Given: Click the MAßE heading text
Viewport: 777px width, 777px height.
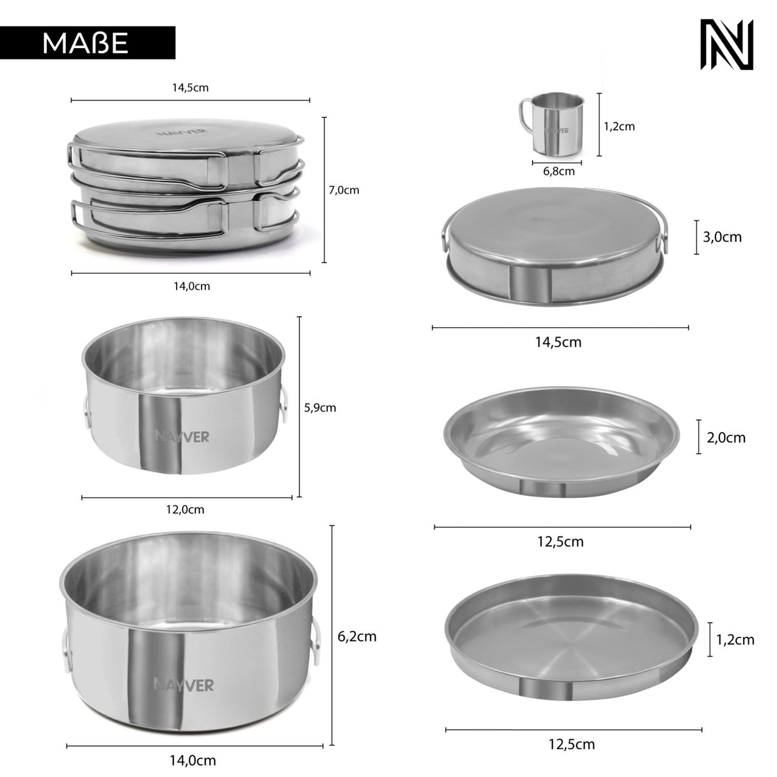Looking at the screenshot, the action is (85, 43).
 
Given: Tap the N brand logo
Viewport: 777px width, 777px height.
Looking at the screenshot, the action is (726, 44).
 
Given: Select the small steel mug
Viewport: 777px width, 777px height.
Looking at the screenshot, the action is (551, 124).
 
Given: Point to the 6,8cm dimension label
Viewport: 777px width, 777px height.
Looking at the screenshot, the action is (559, 172).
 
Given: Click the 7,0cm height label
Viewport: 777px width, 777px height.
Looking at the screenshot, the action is (344, 190).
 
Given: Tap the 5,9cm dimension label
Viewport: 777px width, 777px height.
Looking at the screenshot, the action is (320, 408).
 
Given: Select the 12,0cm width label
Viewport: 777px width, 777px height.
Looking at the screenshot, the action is (185, 509).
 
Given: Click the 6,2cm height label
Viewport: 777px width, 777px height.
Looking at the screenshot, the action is (357, 637).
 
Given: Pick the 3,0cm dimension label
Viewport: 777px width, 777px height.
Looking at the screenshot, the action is (722, 237).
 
